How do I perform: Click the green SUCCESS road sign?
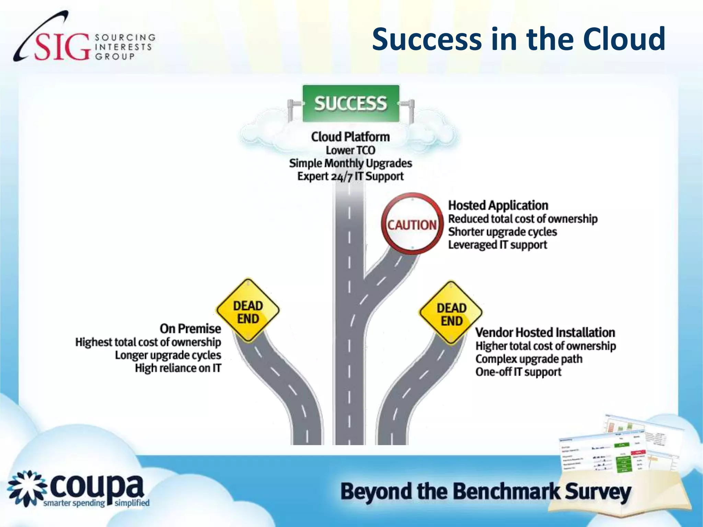point(351,104)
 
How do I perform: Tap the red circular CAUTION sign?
point(412,224)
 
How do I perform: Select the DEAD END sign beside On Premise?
point(248,311)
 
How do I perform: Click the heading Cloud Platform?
point(350,137)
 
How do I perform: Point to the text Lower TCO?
point(350,150)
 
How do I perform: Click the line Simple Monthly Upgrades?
point(350,163)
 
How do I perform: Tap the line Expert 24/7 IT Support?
point(350,176)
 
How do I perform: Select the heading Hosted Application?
point(498,206)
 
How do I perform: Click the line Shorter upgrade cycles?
point(503,232)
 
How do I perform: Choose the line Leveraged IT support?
point(497,245)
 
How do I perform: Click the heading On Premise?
point(191,329)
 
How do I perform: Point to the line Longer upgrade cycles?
point(168,355)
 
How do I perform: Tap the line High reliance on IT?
point(178,368)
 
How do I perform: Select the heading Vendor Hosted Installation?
point(545,332)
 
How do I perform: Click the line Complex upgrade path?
point(529,359)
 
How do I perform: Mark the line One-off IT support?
point(518,372)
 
